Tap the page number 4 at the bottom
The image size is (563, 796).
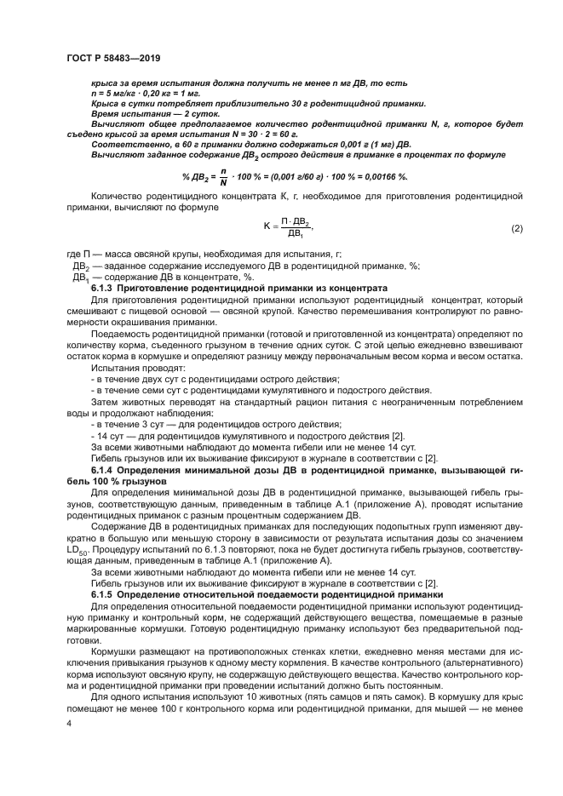[68, 722]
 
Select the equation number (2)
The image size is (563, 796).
[516, 229]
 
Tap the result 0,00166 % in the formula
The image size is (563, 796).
[381, 176]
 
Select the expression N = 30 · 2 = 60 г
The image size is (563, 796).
[255, 134]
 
